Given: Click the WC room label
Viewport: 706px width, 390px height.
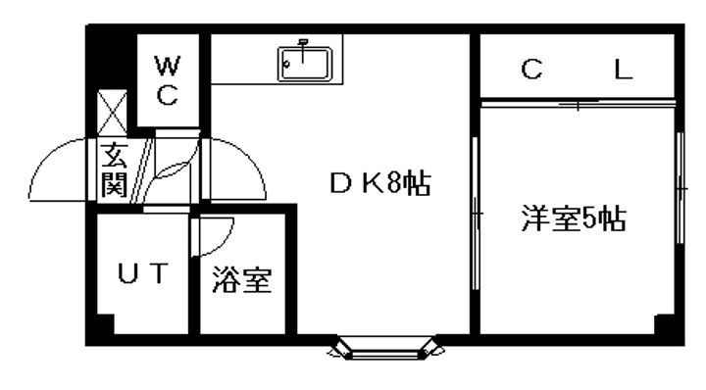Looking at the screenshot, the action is click(x=168, y=80).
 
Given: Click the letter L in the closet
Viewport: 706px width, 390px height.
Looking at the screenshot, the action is click(x=623, y=71).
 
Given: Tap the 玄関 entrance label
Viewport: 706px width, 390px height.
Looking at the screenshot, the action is click(x=114, y=169).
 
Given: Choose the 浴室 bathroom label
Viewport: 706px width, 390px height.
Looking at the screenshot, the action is click(x=240, y=280).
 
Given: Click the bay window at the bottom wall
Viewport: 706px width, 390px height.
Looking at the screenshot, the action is click(x=383, y=347).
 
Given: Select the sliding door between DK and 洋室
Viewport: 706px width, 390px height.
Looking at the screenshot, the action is click(x=477, y=211).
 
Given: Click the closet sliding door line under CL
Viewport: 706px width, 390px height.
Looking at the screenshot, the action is click(x=579, y=102).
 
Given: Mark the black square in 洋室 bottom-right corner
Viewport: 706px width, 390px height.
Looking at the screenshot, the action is click(x=664, y=323).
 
